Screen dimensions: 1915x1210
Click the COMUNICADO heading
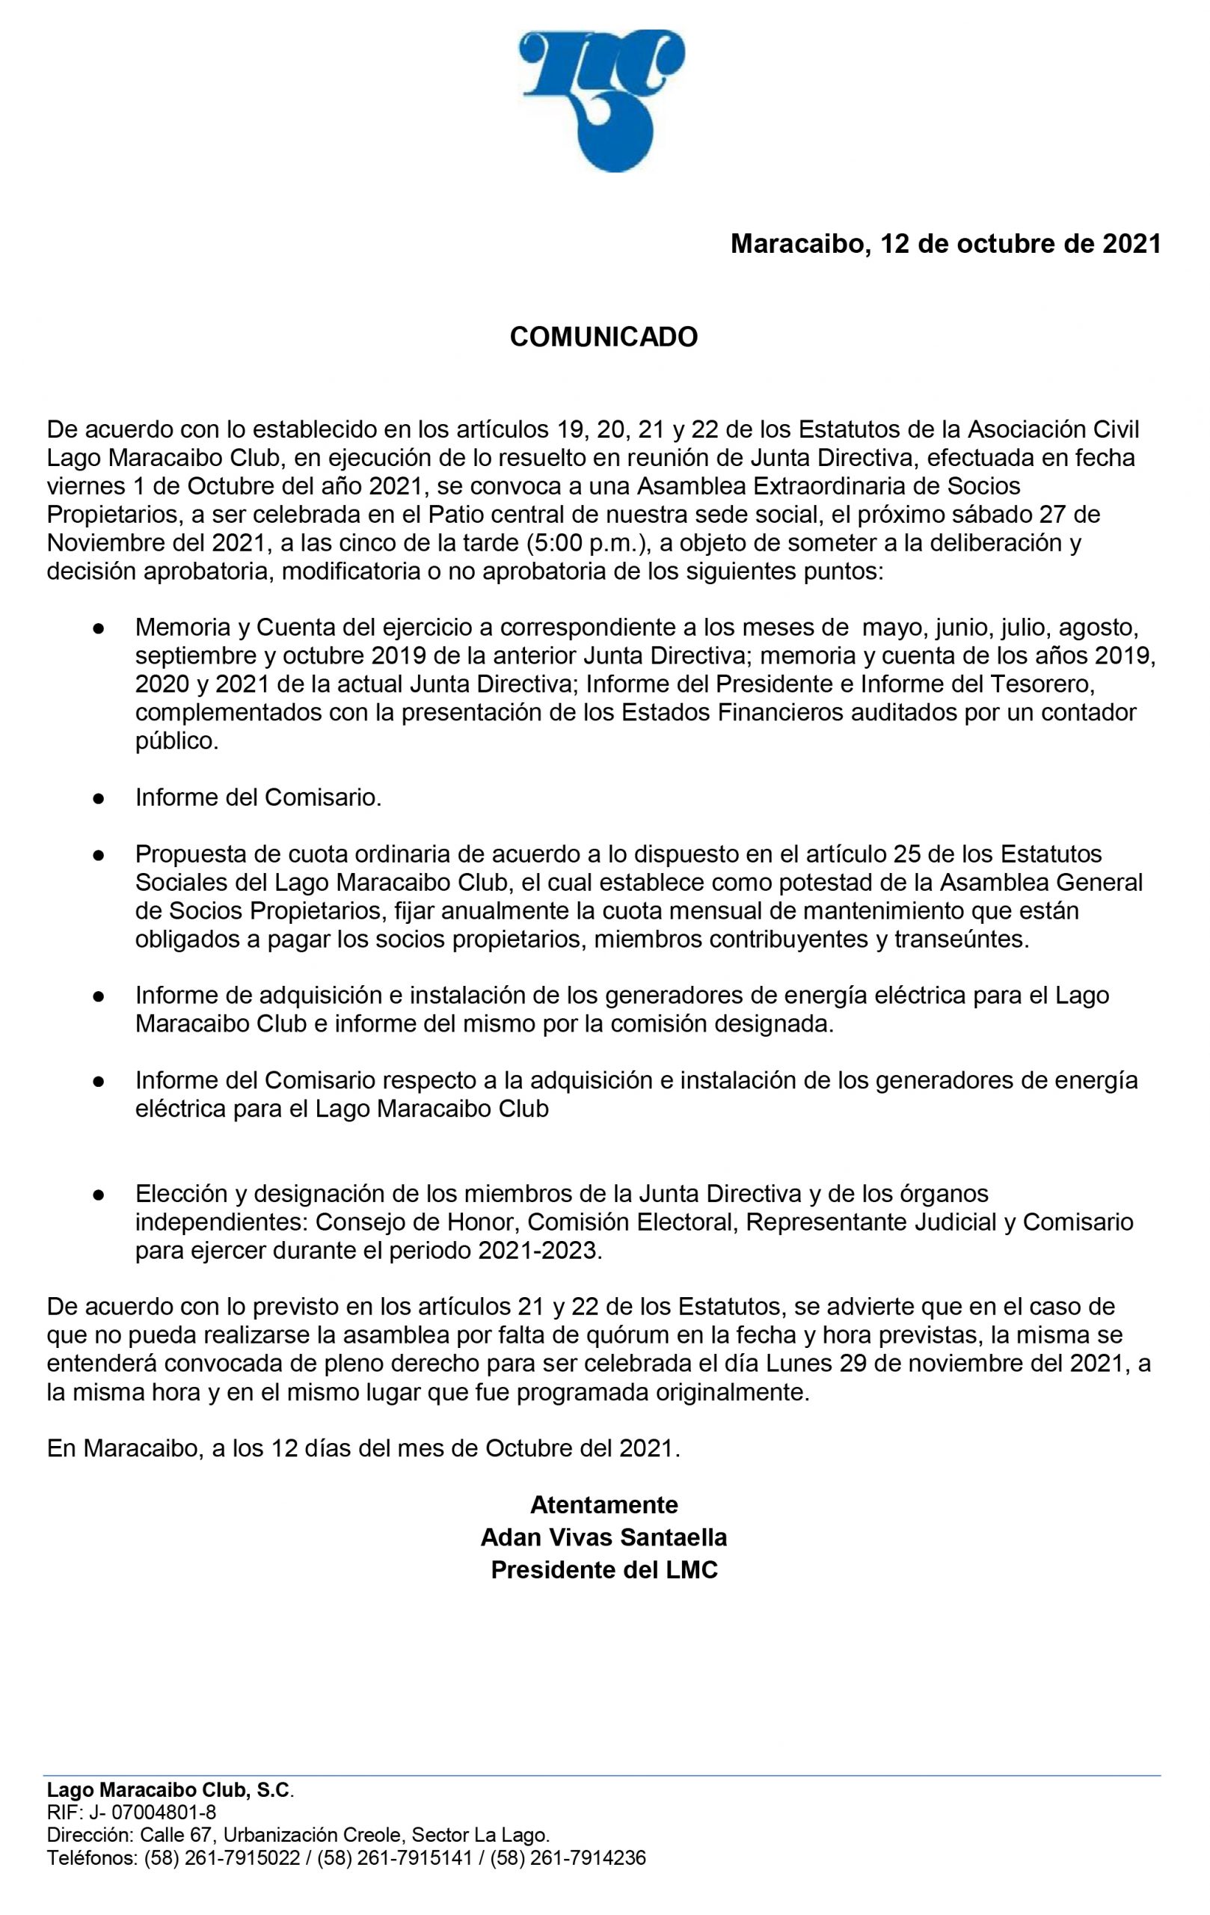pos(604,337)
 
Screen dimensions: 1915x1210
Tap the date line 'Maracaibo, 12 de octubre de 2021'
pos(945,244)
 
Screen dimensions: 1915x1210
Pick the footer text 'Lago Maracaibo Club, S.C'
pos(168,1790)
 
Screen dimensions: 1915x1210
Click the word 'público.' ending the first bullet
pos(176,741)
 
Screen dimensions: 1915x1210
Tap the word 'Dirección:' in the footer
pos(90,1836)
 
